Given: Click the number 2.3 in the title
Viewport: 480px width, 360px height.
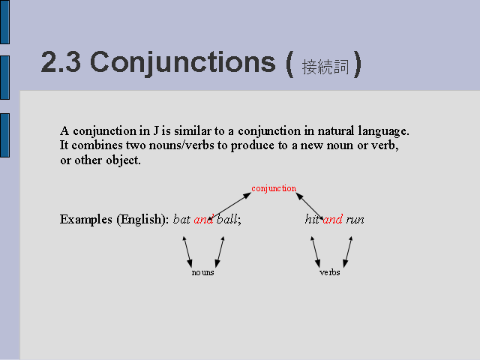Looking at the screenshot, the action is pyautogui.click(x=61, y=62).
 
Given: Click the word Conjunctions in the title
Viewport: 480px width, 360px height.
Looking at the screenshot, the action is pyautogui.click(x=183, y=63).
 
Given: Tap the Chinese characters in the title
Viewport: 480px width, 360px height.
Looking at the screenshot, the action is pyautogui.click(x=325, y=67).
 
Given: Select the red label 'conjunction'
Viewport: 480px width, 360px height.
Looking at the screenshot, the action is pyautogui.click(x=274, y=188).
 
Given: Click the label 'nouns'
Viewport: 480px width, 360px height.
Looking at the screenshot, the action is pyautogui.click(x=202, y=272).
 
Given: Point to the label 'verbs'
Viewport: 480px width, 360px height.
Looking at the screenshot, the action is pyautogui.click(x=330, y=272).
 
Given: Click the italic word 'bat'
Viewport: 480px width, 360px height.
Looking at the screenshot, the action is pyautogui.click(x=181, y=219).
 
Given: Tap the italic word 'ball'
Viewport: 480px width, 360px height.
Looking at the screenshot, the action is pyautogui.click(x=227, y=219).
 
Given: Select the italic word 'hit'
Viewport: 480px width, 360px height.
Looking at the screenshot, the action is pyautogui.click(x=312, y=219).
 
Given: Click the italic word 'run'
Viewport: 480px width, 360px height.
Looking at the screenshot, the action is pyautogui.click(x=355, y=220).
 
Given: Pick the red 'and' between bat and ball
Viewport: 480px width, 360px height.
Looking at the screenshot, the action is pyautogui.click(x=203, y=219).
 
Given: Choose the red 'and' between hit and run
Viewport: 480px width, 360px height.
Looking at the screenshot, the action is pyautogui.click(x=333, y=219).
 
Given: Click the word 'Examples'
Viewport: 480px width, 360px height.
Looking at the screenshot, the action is pyautogui.click(x=86, y=220).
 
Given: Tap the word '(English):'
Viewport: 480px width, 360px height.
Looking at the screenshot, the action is pyautogui.click(x=142, y=220).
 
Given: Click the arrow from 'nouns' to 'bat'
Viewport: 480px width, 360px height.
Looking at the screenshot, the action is pyautogui.click(x=187, y=252).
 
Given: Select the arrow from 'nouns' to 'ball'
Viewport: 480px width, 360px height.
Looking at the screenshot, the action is pyautogui.click(x=220, y=252).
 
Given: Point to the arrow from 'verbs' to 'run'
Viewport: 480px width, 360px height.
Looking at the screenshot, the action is pyautogui.click(x=348, y=252).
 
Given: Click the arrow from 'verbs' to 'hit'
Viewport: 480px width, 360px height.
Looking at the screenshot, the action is pyautogui.click(x=316, y=252).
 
